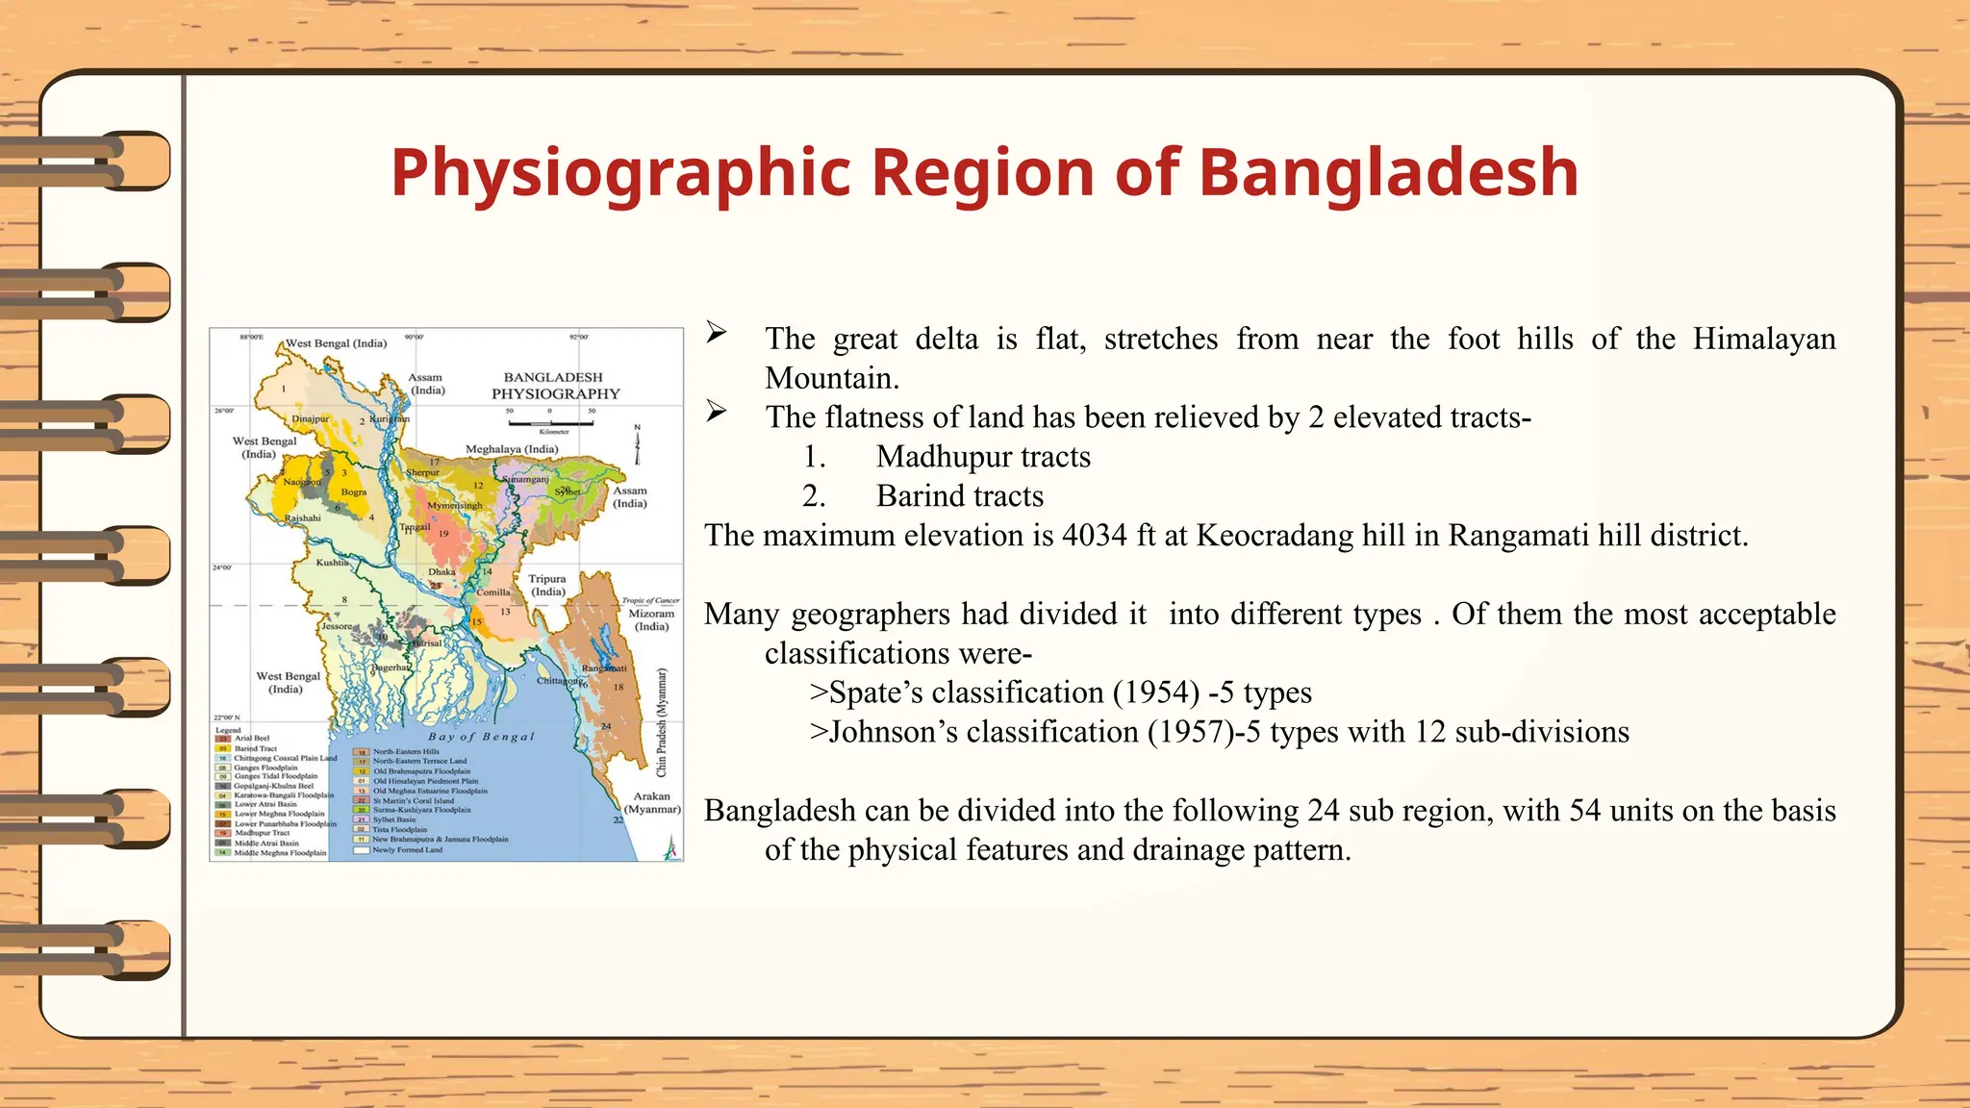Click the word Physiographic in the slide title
click(620, 174)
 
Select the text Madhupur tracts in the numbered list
click(983, 457)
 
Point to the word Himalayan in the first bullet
click(1764, 340)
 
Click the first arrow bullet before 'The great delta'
click(717, 333)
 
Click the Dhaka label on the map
click(442, 572)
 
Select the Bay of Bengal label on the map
click(481, 737)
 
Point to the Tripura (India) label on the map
click(547, 585)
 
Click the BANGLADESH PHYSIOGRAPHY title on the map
click(555, 386)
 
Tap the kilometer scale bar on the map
click(550, 422)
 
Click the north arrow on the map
click(637, 446)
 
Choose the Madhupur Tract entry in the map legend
click(261, 833)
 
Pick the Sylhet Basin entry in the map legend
click(394, 819)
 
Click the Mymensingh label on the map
click(454, 505)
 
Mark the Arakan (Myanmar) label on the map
click(652, 802)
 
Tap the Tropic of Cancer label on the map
click(651, 600)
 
